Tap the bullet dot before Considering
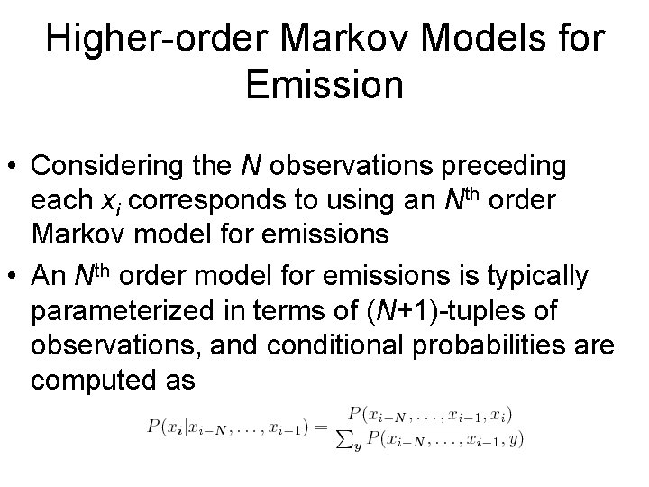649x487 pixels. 16,168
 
